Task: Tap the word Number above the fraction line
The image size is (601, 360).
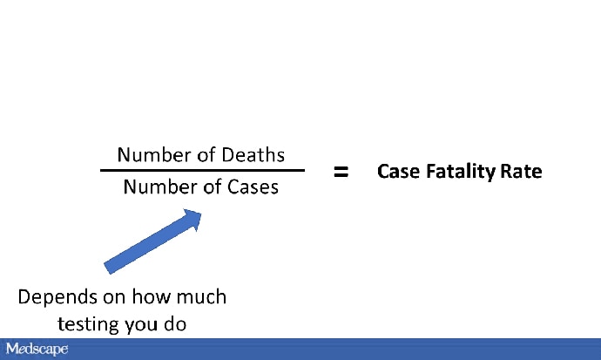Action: pyautogui.click(x=152, y=155)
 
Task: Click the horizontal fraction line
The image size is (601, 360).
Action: pyautogui.click(x=202, y=170)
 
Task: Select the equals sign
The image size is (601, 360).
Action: pyautogui.click(x=341, y=172)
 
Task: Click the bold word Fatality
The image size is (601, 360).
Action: pyautogui.click(x=460, y=172)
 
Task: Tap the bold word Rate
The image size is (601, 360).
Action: pyautogui.click(x=522, y=172)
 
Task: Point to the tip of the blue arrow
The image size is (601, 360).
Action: pyautogui.click(x=200, y=212)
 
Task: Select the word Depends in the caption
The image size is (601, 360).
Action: pyautogui.click(x=54, y=297)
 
